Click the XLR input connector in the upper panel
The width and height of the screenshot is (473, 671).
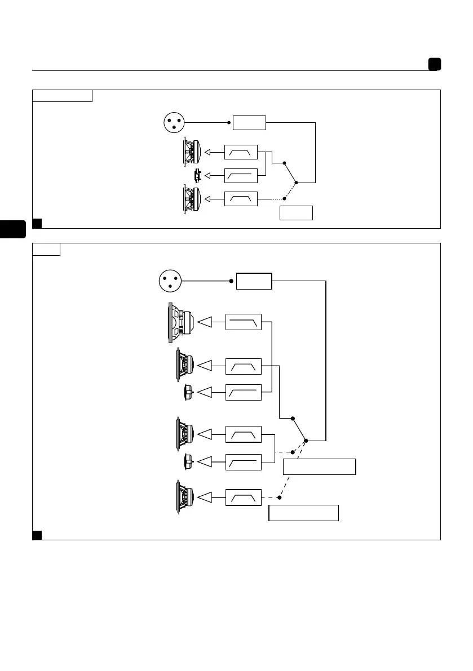175,122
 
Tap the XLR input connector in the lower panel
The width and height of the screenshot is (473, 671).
171,280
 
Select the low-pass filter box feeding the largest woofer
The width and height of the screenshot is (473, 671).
243,322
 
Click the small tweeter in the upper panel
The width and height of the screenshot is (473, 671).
197,176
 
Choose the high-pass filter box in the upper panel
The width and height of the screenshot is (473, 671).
241,176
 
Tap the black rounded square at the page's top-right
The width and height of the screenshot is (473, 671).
434,64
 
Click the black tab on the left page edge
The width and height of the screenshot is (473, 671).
13,230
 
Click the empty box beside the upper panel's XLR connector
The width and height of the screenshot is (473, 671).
250,122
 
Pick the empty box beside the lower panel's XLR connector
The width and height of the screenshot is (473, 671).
254,281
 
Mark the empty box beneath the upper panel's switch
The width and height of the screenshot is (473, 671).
296,213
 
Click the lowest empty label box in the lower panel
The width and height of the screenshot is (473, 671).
303,513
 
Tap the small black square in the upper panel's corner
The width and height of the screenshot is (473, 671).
37,223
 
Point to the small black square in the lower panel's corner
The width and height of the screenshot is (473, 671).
37,535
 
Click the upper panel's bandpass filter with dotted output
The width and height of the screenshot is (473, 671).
241,198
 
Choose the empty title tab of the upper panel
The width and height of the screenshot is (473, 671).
62,95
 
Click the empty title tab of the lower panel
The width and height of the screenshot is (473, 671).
46,249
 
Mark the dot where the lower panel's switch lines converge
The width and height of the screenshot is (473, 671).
306,440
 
